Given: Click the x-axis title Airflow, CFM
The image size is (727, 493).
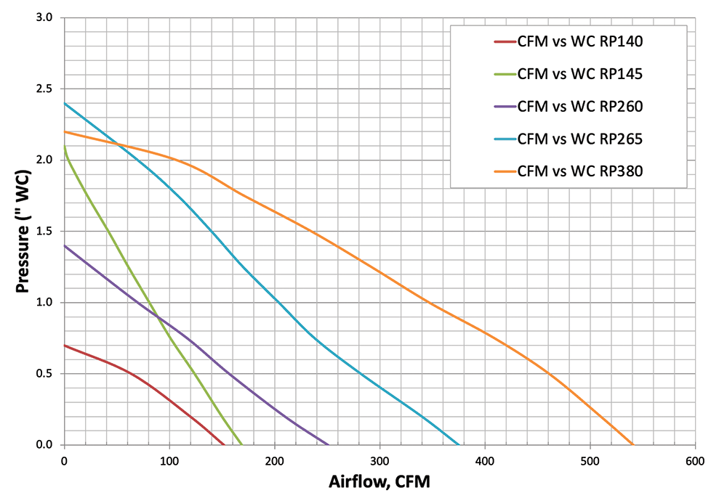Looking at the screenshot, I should [379, 481].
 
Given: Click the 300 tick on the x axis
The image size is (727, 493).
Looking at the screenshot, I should [379, 461].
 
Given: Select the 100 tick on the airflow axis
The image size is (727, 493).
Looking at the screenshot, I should [169, 461].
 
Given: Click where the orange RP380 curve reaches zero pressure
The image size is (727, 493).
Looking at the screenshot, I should [632, 444].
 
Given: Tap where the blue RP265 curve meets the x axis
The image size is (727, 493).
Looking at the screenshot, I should [459, 444].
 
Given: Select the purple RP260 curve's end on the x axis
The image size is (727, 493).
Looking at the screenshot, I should [329, 444].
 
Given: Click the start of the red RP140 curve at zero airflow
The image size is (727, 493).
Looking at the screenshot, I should [65, 345].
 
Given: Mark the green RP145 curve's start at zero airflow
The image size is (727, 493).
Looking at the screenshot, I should [65, 147].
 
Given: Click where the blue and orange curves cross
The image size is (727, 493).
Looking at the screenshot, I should [119, 146].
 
